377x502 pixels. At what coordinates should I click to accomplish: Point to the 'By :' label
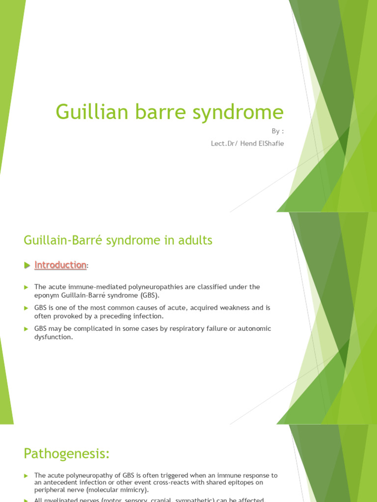point(278,131)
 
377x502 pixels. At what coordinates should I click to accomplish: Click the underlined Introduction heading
point(60,265)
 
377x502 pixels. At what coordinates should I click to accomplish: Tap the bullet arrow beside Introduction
point(27,265)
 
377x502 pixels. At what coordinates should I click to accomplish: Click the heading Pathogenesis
point(66,454)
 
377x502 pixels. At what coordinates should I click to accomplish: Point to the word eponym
point(47,295)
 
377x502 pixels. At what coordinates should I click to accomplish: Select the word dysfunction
point(54,337)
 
